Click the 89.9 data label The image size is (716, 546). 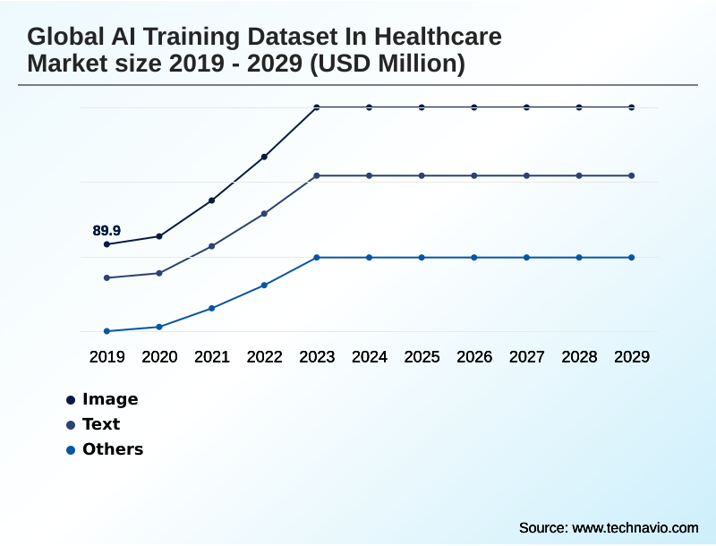pyautogui.click(x=107, y=231)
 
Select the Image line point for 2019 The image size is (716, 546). pyautogui.click(x=107, y=244)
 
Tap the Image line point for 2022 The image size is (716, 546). pyautogui.click(x=264, y=157)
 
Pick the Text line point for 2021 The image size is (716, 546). pyautogui.click(x=211, y=246)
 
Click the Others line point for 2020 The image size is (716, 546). pyautogui.click(x=159, y=327)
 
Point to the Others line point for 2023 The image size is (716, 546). pyautogui.click(x=317, y=258)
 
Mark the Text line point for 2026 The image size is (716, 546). pyautogui.click(x=474, y=175)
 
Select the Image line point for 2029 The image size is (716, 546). pyautogui.click(x=632, y=107)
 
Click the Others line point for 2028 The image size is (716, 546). pyautogui.click(x=579, y=258)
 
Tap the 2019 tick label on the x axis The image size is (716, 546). pyautogui.click(x=107, y=357)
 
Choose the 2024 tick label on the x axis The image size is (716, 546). pyautogui.click(x=370, y=357)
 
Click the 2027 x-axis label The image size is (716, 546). pyautogui.click(x=527, y=357)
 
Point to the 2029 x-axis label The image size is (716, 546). pyautogui.click(x=632, y=357)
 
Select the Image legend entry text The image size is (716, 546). pyautogui.click(x=110, y=399)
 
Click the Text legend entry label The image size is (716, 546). pyautogui.click(x=101, y=424)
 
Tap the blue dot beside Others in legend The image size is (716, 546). pyautogui.click(x=70, y=450)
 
